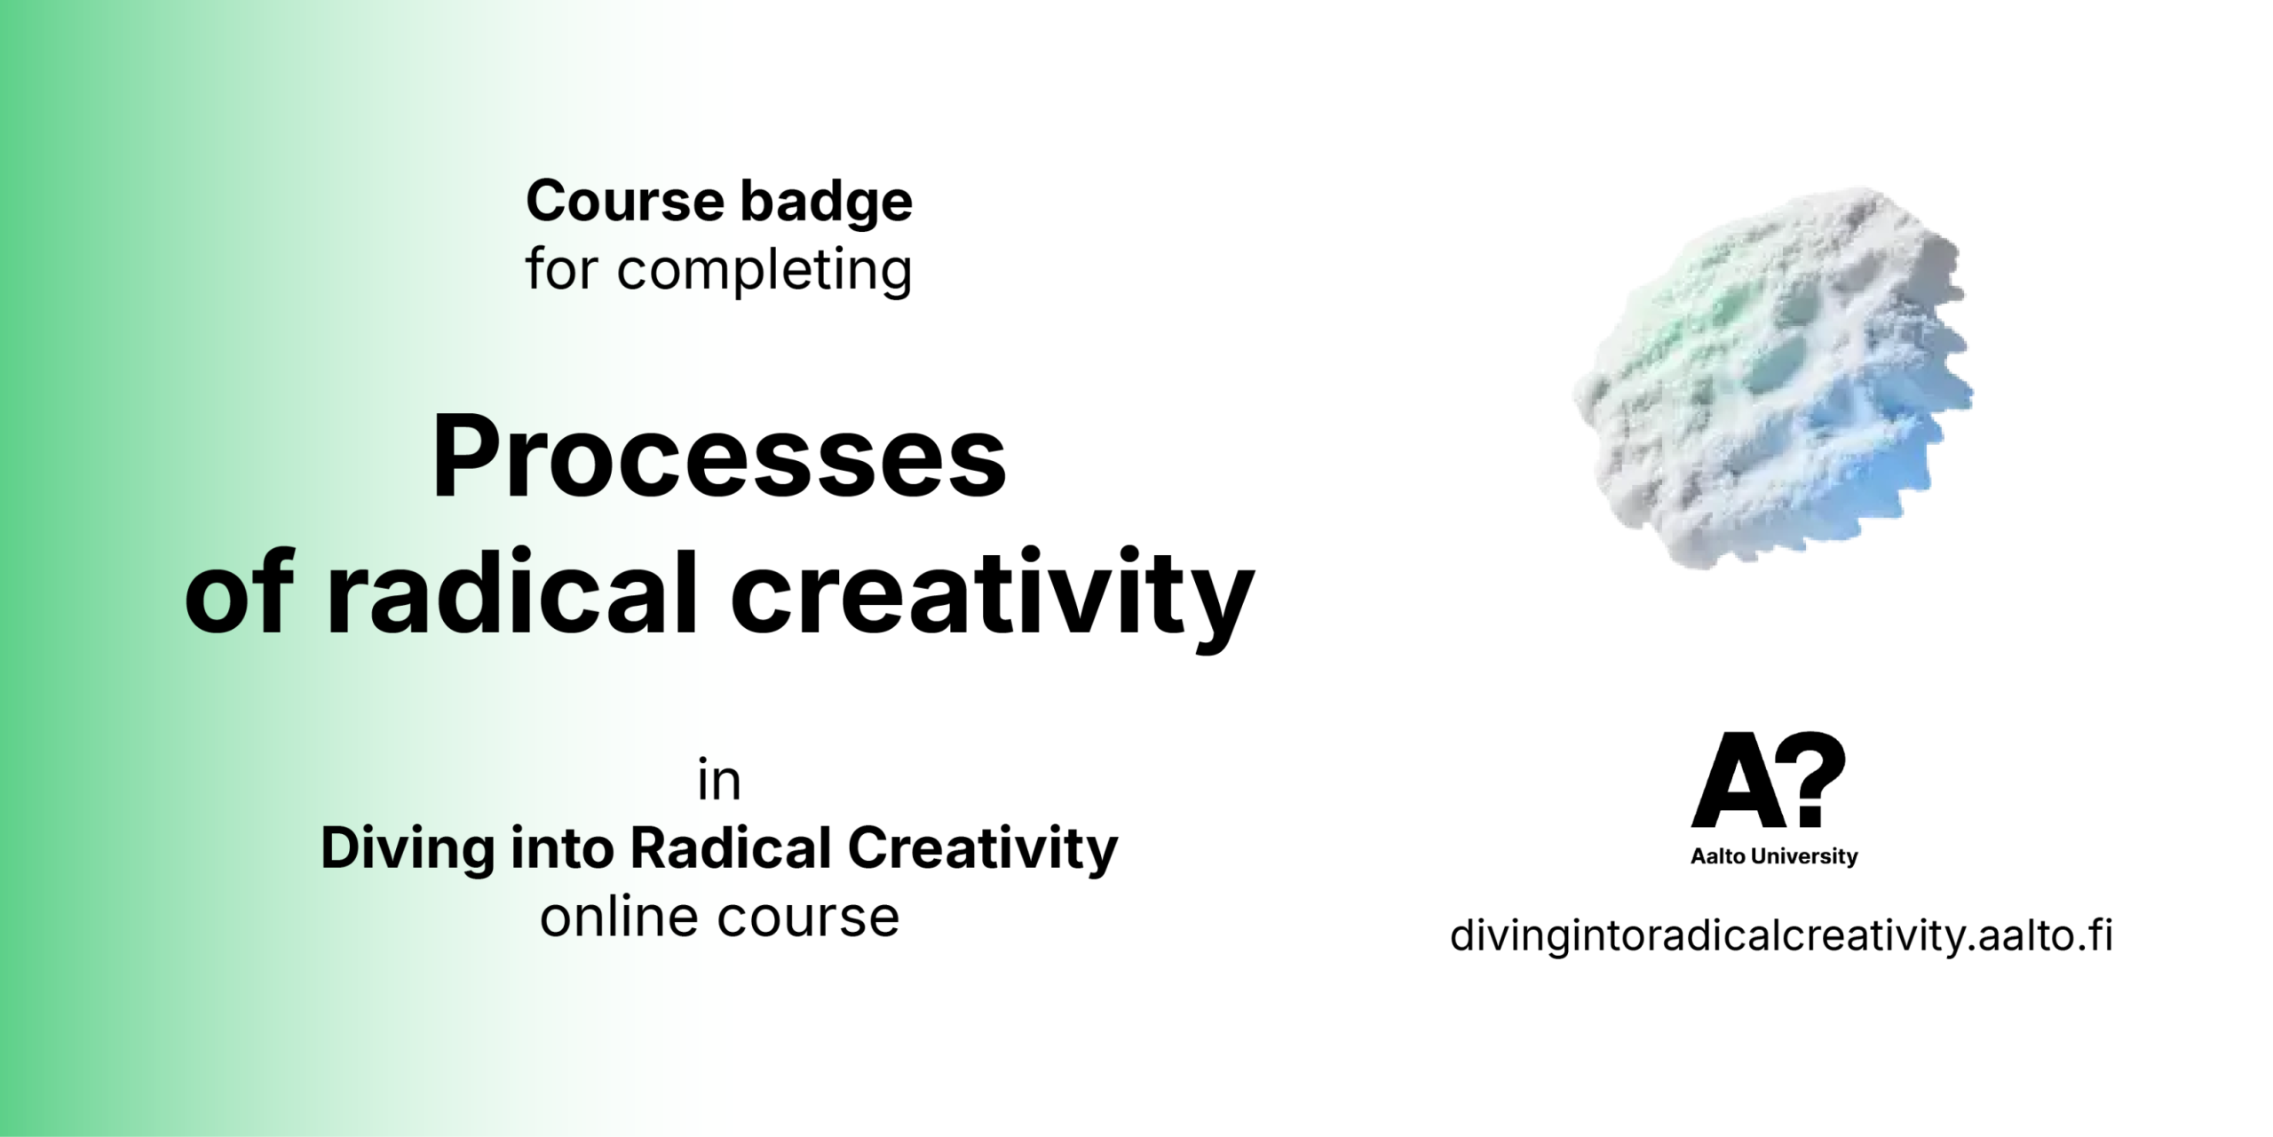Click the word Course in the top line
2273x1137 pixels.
(625, 202)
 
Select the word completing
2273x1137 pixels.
(764, 271)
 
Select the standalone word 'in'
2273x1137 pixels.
(719, 781)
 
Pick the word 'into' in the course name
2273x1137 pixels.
(562, 848)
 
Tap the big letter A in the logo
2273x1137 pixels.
(1738, 781)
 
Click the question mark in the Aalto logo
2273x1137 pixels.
(1814, 779)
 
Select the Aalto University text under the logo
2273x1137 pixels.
(1774, 856)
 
